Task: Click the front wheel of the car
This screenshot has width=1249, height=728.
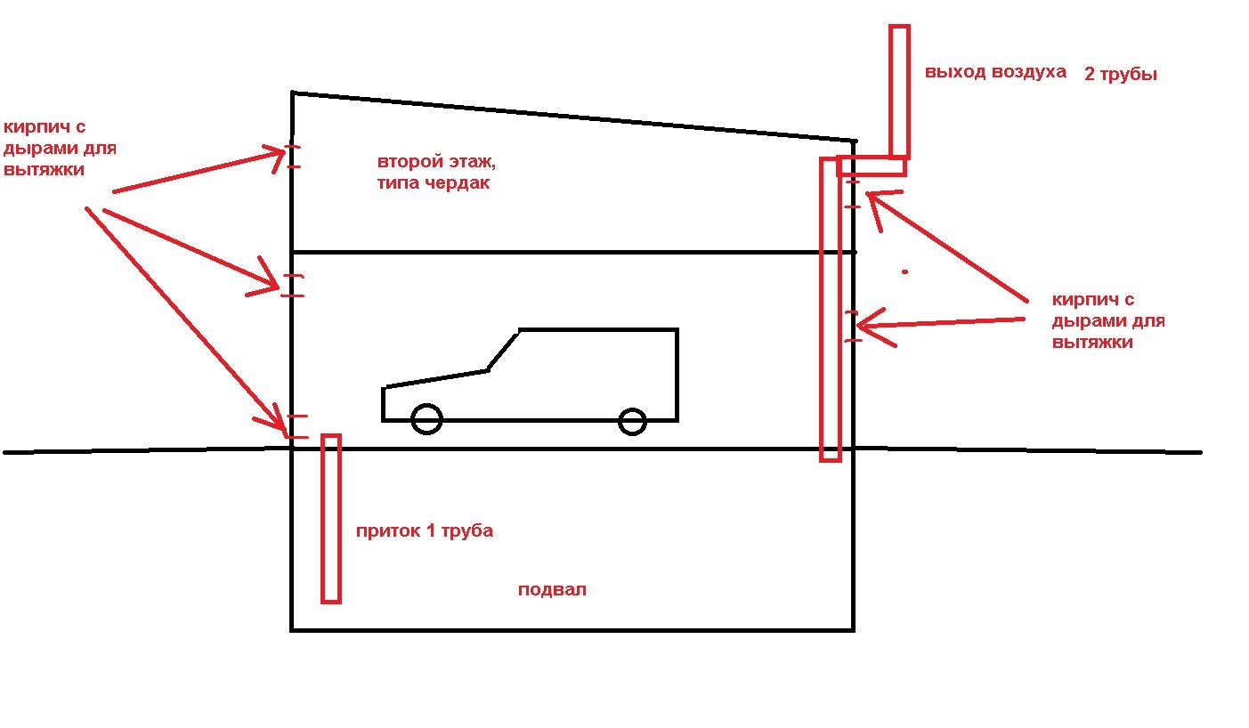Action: [x=427, y=419]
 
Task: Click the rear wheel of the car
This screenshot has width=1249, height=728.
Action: [x=632, y=422]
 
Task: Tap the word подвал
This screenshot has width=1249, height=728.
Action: [x=552, y=590]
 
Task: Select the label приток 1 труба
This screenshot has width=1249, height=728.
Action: [x=424, y=531]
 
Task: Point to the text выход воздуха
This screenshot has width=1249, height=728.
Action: [x=994, y=72]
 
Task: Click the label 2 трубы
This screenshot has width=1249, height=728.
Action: [x=1120, y=75]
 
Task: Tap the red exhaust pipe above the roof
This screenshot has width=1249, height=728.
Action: [x=899, y=89]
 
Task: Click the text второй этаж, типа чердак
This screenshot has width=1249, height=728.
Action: [x=433, y=173]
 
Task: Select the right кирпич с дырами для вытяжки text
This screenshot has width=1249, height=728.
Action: [x=1107, y=320]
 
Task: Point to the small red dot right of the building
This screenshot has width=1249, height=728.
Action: [x=904, y=271]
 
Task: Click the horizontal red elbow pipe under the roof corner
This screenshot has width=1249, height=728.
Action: [x=872, y=166]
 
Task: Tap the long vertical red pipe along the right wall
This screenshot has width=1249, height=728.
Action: [x=830, y=307]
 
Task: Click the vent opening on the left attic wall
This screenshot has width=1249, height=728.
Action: [x=293, y=156]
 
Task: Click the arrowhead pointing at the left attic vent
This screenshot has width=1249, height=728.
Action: [x=275, y=156]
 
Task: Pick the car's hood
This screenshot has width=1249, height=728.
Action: [x=434, y=379]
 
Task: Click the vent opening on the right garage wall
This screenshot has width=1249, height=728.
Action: [x=853, y=326]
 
